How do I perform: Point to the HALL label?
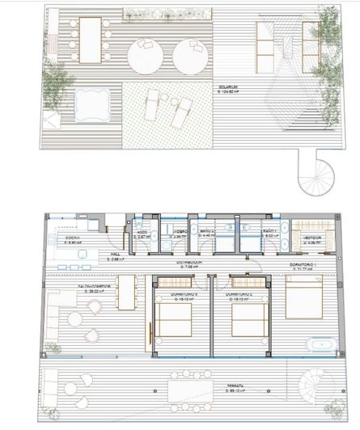114,256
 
